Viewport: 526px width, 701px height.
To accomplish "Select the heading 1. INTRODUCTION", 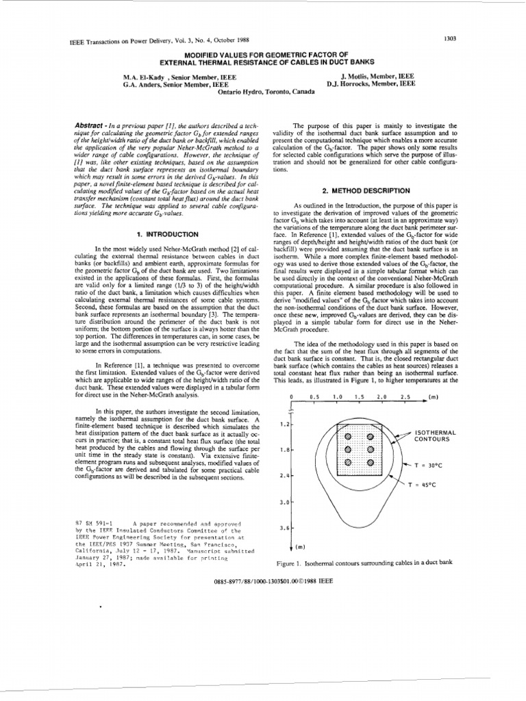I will point(164,233).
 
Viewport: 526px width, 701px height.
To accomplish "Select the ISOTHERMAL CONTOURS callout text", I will point(432,435).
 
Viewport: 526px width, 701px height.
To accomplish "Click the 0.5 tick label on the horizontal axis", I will point(315,397).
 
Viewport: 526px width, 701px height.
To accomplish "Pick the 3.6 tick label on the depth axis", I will point(285,528).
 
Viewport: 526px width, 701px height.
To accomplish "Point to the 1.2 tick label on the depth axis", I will point(285,424).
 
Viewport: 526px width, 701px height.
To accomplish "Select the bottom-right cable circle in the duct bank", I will point(370,462).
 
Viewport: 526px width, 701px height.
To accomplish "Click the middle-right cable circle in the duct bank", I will point(370,449).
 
